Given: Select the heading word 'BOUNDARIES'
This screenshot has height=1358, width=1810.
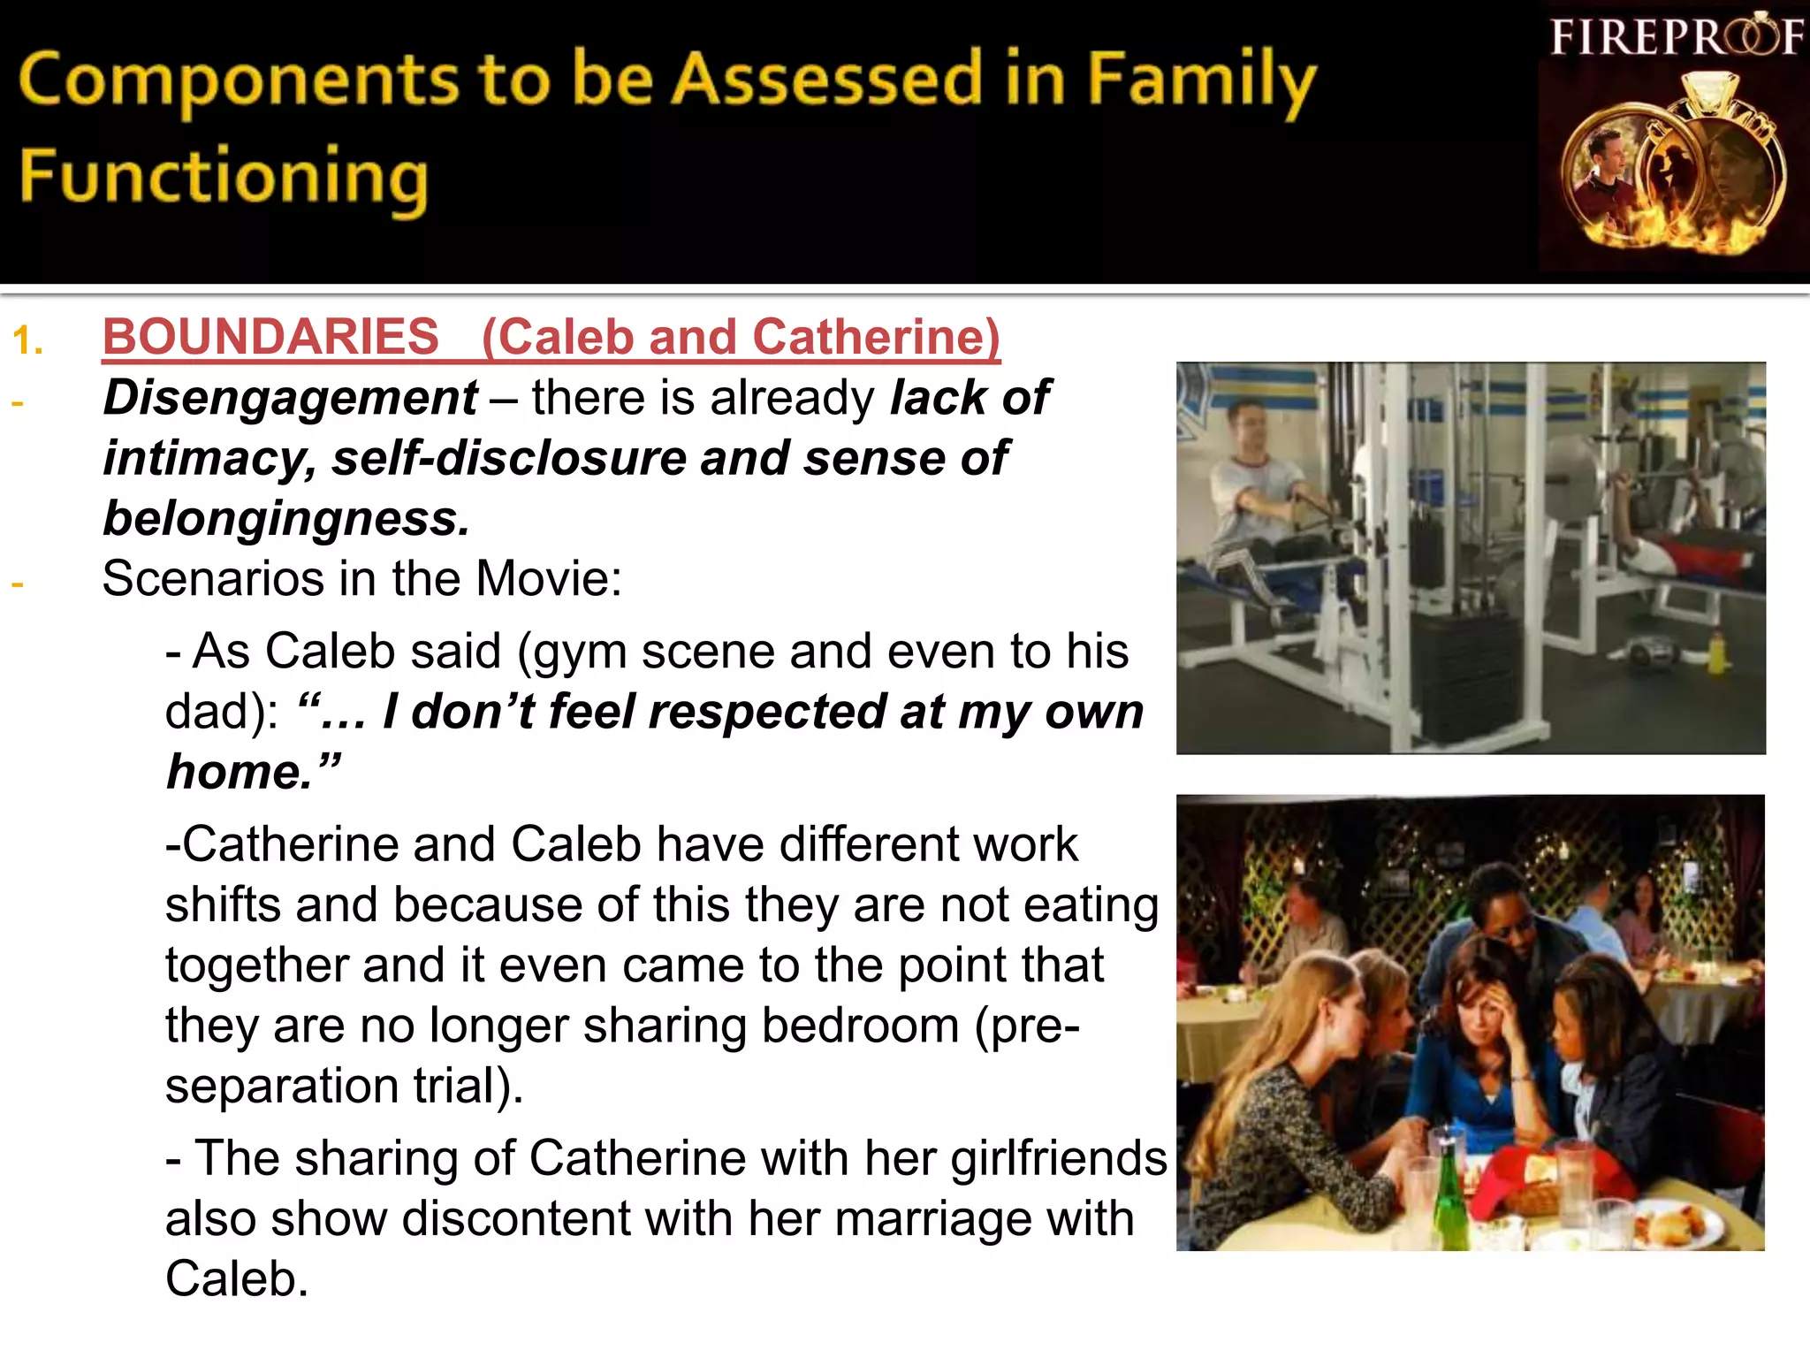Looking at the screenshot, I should [x=270, y=337].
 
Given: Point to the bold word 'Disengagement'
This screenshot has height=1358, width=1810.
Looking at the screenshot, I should [x=290, y=398].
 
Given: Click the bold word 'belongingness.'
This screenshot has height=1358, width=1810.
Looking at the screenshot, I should [x=286, y=518].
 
